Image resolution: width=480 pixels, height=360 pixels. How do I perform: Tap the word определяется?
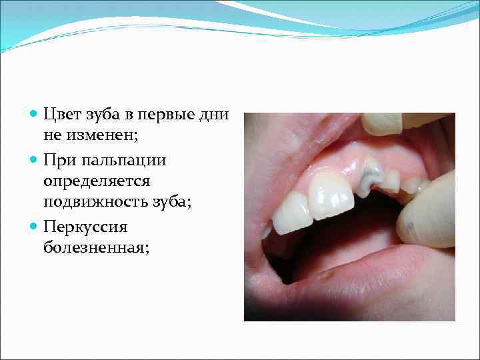[96, 181]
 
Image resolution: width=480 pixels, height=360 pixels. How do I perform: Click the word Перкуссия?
[85, 227]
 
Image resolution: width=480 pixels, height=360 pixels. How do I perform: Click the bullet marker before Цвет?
[35, 115]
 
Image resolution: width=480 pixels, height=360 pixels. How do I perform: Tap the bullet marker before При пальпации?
[35, 161]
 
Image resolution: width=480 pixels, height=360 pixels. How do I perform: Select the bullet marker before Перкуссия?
[35, 227]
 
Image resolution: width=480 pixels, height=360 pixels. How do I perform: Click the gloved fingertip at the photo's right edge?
[427, 213]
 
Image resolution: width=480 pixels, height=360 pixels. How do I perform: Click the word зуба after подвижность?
[172, 203]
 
